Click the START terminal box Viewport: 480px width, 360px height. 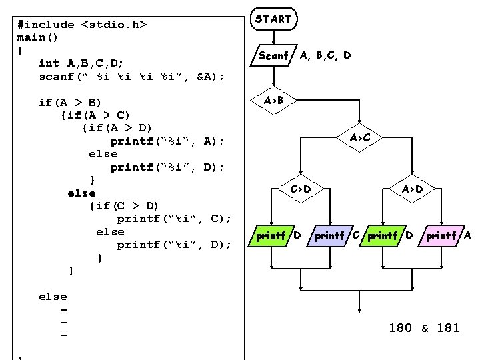[x=273, y=19]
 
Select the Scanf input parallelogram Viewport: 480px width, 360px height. [x=273, y=56]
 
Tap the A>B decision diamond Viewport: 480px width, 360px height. [x=273, y=101]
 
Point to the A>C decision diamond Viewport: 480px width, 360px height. [x=360, y=137]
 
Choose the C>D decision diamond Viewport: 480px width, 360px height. [x=301, y=189]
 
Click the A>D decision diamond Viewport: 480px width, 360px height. [x=412, y=189]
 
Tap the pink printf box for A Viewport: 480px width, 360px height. [x=441, y=235]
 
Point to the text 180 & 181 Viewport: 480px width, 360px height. [x=424, y=327]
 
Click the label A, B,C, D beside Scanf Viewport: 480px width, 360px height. [x=325, y=55]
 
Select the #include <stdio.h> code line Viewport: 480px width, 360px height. [x=81, y=25]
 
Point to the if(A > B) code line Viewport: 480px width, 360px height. [x=70, y=102]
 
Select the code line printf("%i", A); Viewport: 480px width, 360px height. [x=167, y=141]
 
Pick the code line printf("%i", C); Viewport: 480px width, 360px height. [x=174, y=219]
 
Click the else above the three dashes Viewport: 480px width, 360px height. [x=53, y=297]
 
